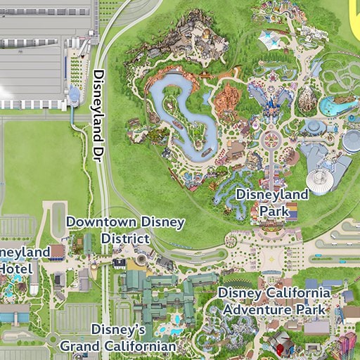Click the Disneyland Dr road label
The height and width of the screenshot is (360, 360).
pos(99,117)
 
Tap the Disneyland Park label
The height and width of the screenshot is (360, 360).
pos(272,201)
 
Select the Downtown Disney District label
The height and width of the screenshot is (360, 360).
pos(125,230)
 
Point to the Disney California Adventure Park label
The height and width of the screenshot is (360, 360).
pos(274,300)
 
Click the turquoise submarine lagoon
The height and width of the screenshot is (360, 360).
pos(335,106)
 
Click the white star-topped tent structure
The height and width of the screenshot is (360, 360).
pos(271,38)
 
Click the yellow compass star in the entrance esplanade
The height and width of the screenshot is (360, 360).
pos(271,272)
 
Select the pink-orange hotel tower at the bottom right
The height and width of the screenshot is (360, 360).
pos(347,346)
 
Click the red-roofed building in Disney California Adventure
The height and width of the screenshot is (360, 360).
pos(281,345)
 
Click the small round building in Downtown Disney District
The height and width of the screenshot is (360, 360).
pos(140,259)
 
